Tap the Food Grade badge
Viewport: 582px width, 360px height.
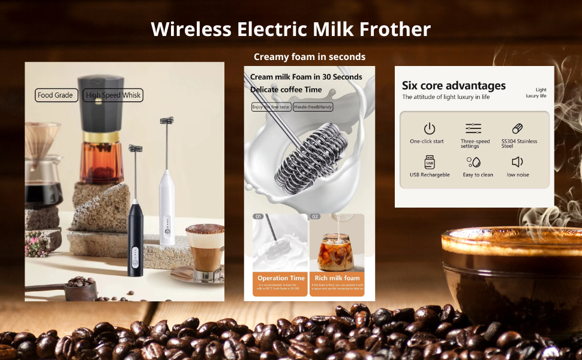click(56, 95)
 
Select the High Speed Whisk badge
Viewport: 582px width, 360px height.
click(113, 95)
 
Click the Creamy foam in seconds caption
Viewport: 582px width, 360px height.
click(309, 57)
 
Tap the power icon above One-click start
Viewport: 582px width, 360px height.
click(429, 128)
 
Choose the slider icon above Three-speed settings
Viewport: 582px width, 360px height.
click(473, 128)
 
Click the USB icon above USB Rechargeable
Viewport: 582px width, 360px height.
click(429, 162)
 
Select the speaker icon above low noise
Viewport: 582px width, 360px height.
click(517, 162)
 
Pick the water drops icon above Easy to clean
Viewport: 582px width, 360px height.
click(473, 162)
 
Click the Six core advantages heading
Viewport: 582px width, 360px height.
click(454, 86)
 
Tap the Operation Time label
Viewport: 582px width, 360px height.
click(281, 278)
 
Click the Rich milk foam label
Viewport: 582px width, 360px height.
click(337, 278)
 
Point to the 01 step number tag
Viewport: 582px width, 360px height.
click(259, 217)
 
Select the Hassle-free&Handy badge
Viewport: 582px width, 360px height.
click(313, 107)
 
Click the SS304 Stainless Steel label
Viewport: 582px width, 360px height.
click(520, 143)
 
